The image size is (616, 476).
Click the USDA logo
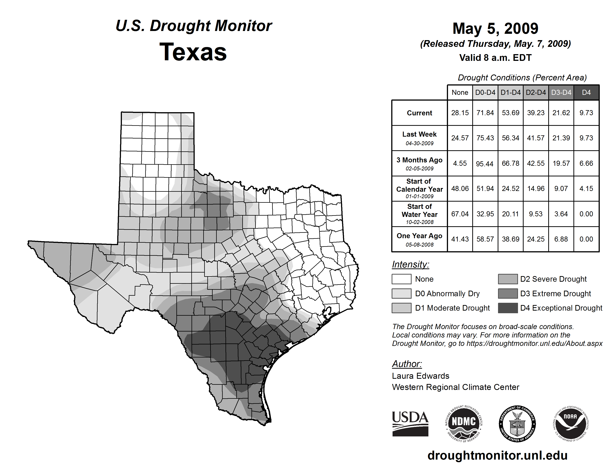click(x=410, y=424)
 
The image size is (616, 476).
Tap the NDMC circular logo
click(x=464, y=424)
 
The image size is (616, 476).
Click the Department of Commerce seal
click(x=517, y=424)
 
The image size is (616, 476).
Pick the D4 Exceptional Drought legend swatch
click(x=508, y=308)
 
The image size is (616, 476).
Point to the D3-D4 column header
click(x=561, y=92)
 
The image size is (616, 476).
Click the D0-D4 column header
click(x=485, y=92)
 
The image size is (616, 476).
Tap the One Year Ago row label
click(x=419, y=236)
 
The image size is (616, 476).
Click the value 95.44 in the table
click(x=485, y=164)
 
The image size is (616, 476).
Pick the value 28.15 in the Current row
click(x=460, y=113)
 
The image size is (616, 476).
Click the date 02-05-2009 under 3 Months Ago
click(x=419, y=169)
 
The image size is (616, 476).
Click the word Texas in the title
click(x=193, y=52)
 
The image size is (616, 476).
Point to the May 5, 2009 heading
click(x=495, y=29)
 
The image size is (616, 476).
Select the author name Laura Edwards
click(x=421, y=376)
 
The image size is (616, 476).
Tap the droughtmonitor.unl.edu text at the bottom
click(x=497, y=455)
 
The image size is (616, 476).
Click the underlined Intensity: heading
click(x=410, y=265)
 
